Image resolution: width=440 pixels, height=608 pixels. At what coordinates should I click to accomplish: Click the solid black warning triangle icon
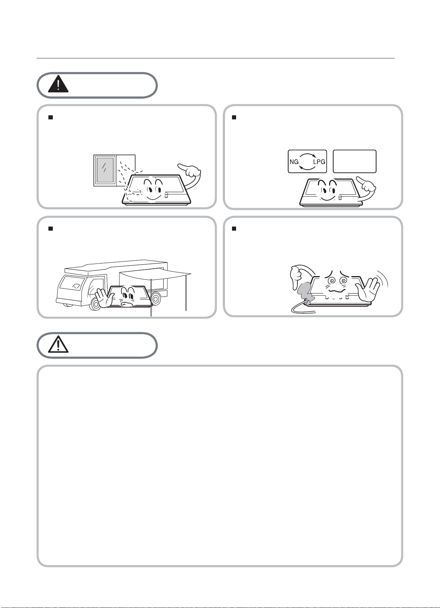click(58, 84)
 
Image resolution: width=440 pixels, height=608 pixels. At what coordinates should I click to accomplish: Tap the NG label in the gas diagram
click(294, 162)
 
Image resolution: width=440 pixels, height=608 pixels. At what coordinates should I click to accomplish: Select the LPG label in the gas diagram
click(319, 162)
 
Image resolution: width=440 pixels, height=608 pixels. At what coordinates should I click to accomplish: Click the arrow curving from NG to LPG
click(307, 154)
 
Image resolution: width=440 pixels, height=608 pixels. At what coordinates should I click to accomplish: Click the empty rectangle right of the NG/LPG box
click(355, 161)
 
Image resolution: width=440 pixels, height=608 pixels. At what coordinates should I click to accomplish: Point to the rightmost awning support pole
click(186, 292)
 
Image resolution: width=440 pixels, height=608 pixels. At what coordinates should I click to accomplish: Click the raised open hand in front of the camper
click(105, 298)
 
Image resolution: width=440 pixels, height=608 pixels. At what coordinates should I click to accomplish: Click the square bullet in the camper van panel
click(50, 228)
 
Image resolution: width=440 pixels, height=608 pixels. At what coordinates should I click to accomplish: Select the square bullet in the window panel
click(50, 117)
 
